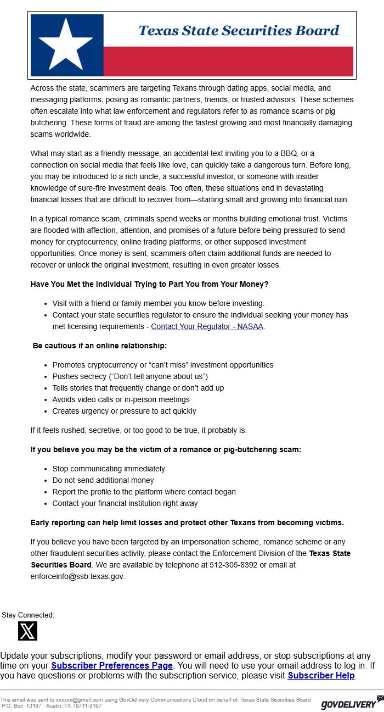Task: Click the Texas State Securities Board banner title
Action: (x=239, y=30)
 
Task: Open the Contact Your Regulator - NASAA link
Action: (x=207, y=326)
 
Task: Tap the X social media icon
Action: (x=27, y=631)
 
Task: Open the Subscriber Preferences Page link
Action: (x=112, y=665)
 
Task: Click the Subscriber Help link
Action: (x=321, y=675)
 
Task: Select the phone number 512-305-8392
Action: (x=233, y=565)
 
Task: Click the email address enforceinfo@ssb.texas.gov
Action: (x=77, y=576)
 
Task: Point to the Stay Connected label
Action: (x=28, y=615)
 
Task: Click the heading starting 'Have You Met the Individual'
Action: (x=149, y=284)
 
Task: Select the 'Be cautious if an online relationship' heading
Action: (x=100, y=346)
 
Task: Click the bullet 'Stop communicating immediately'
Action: (x=109, y=469)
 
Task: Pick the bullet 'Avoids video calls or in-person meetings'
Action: (x=121, y=399)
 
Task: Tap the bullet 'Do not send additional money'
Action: (x=103, y=480)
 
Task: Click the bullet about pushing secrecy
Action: (x=130, y=376)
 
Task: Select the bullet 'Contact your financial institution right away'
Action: (x=125, y=503)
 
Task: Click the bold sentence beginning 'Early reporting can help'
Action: (x=187, y=522)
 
